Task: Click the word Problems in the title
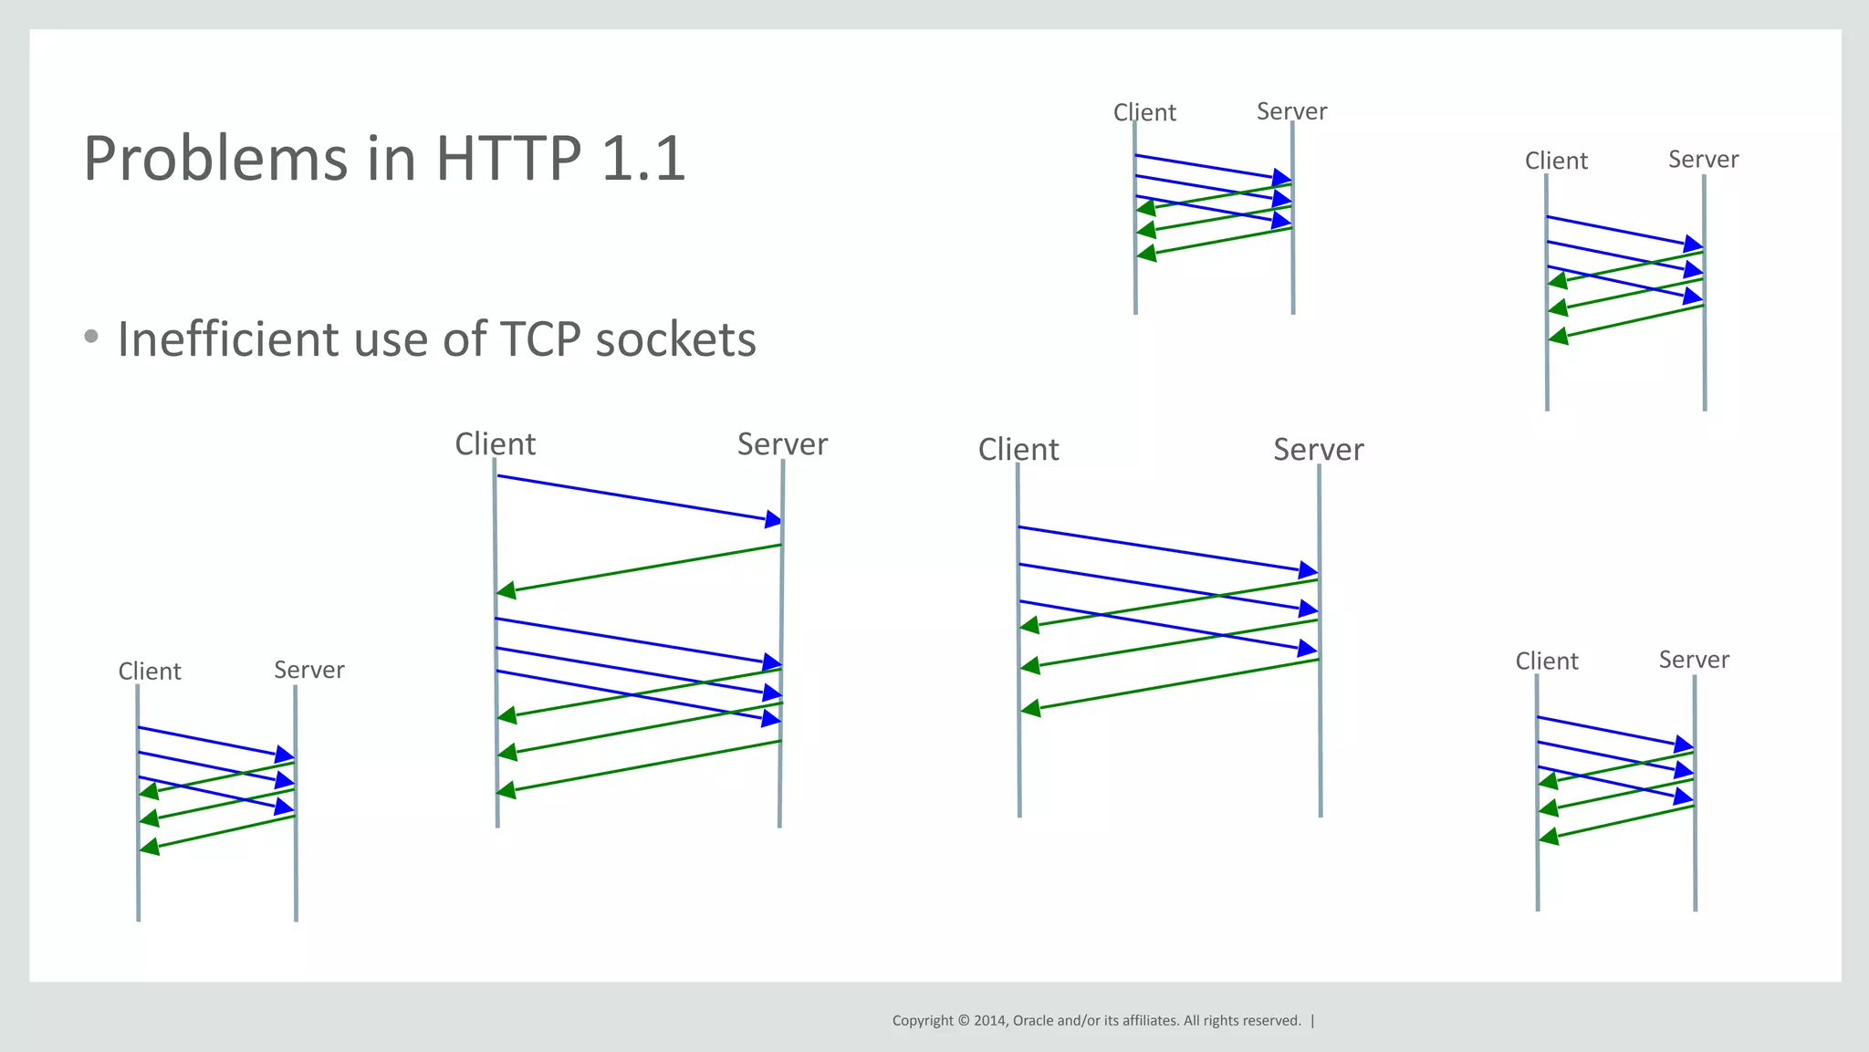tap(215, 160)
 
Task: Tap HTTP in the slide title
tap(508, 159)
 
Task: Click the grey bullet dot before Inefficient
tap(90, 336)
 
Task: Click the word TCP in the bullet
tap(540, 339)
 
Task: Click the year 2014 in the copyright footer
tap(989, 1021)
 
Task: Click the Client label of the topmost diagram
tap(1144, 112)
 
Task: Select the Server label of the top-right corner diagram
tap(1703, 160)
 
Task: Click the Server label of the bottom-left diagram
tap(309, 670)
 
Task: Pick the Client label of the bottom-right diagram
tap(1547, 661)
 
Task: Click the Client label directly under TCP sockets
tap(495, 444)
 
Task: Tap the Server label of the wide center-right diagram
tap(1318, 450)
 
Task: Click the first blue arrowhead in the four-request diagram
tap(773, 519)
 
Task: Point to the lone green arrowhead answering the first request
tap(506, 591)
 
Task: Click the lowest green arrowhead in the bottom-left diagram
tap(150, 848)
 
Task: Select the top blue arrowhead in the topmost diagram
tap(1282, 177)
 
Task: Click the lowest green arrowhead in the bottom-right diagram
tap(1549, 835)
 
